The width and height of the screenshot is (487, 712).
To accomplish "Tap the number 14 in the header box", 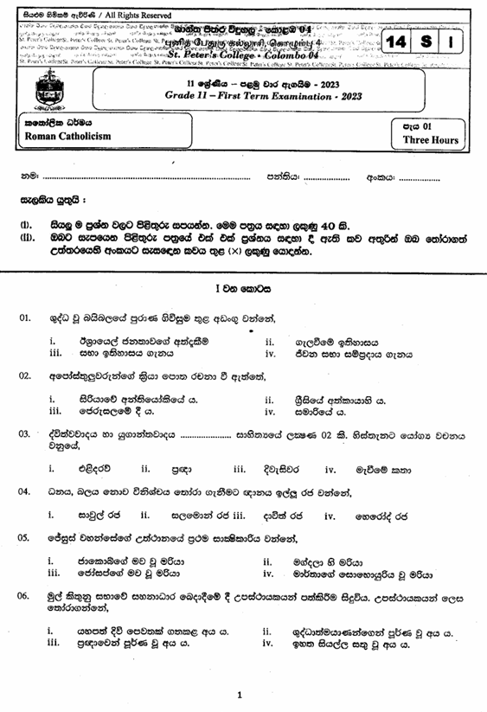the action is [398, 42].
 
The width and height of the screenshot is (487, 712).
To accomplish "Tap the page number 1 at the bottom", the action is [240, 695].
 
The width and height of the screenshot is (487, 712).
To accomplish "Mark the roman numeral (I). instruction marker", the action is [25, 228].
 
